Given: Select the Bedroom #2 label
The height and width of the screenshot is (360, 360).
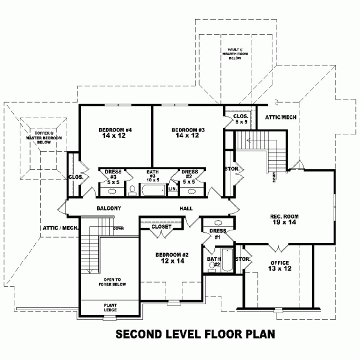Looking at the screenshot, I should coord(172,257).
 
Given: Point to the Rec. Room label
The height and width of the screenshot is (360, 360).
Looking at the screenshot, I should coord(284,219).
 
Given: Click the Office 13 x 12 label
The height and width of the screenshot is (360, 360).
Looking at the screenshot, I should coord(280,266).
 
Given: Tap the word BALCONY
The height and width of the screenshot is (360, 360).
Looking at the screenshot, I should coord(109,208).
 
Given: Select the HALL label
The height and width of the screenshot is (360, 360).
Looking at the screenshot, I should coord(185,208).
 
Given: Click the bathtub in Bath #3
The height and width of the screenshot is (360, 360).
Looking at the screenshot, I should coord(154,191).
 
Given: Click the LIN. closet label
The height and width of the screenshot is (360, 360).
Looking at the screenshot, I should coord(173,188).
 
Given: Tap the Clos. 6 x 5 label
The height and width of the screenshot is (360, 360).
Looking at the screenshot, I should coord(241,119).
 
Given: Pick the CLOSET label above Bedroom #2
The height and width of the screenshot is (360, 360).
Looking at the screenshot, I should coord(161,227).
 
